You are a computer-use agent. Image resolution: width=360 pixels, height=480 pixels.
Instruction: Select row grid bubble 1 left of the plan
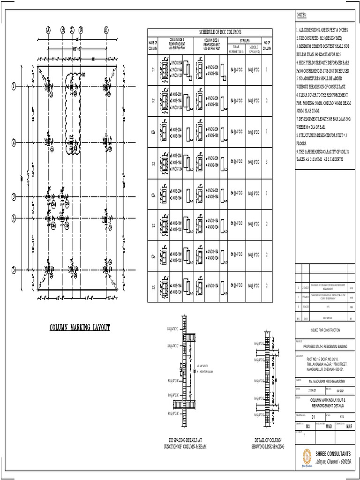click(14, 86)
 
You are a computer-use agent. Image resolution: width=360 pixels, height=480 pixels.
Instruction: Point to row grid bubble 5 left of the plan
click(14, 270)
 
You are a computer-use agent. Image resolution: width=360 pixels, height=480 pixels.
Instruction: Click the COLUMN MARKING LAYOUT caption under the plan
click(80, 327)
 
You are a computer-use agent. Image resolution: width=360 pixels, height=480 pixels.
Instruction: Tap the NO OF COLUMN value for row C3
click(266, 163)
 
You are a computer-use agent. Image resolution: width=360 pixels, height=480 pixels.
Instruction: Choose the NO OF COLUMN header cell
click(266, 45)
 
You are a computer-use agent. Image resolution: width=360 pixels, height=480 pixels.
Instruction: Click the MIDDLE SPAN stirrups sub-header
click(254, 49)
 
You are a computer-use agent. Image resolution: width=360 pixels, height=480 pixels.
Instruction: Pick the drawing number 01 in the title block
click(314, 416)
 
